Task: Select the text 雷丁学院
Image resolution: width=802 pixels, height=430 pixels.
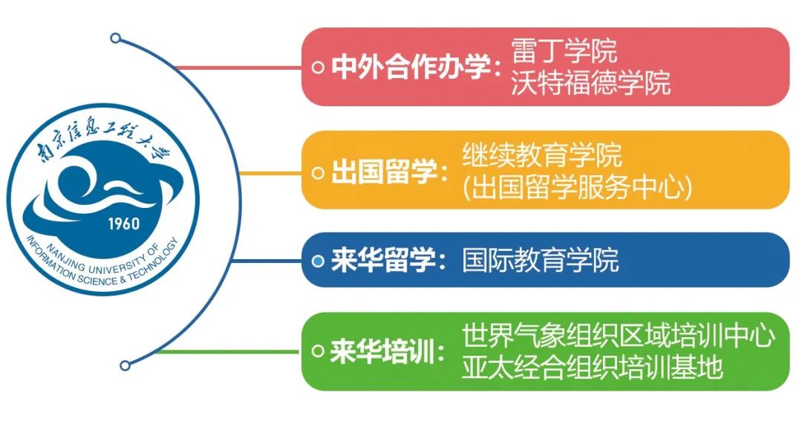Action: tap(564, 51)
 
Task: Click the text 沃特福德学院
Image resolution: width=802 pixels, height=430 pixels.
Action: tap(590, 82)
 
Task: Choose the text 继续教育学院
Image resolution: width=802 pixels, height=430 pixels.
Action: tap(541, 155)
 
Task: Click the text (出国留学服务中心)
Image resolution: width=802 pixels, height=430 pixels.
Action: tap(577, 188)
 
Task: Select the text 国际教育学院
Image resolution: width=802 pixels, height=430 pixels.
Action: tap(541, 261)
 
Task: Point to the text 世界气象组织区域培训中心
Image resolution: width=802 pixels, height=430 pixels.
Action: tap(619, 336)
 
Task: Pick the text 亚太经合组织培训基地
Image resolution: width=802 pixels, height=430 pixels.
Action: tap(592, 367)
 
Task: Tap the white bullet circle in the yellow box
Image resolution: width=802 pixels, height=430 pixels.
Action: tap(318, 172)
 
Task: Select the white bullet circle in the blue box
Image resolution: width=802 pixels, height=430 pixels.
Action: tap(318, 261)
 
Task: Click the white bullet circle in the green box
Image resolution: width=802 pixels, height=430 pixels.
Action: tap(318, 351)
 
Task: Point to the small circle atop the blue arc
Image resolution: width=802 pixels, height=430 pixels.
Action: tap(114, 37)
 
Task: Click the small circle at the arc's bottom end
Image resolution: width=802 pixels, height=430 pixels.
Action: tap(125, 365)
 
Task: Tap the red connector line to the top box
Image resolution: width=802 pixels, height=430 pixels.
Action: tap(238, 68)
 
